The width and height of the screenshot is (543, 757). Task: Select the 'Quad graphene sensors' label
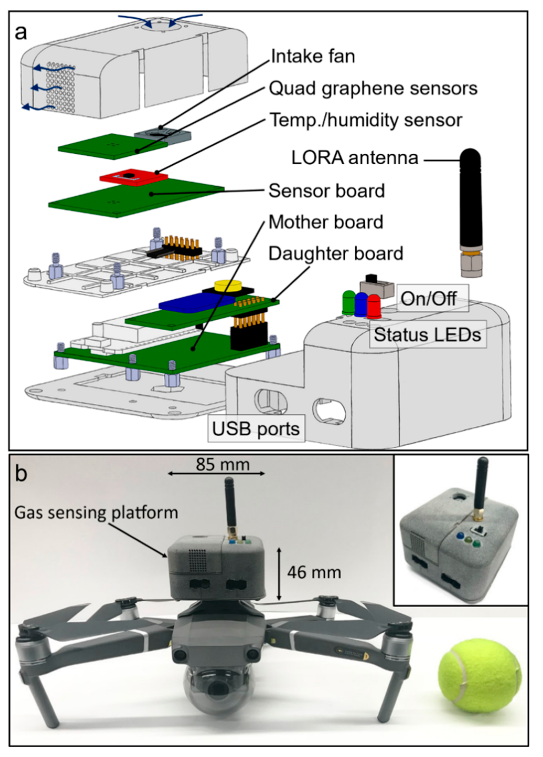tap(373, 89)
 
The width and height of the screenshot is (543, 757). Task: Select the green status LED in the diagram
tap(349, 302)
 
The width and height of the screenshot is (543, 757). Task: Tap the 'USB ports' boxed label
tap(256, 429)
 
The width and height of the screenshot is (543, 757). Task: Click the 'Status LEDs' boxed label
tap(427, 335)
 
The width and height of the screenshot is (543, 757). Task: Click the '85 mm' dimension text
tap(223, 464)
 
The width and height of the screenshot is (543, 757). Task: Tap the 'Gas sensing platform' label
tap(96, 513)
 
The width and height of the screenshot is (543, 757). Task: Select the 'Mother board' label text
tap(326, 222)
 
